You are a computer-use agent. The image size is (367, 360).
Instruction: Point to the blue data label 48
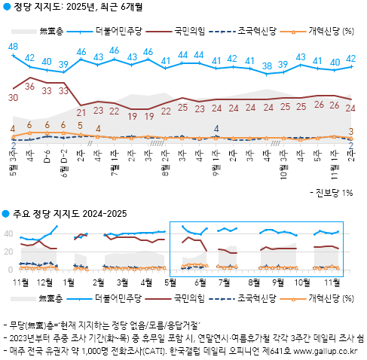point(13,47)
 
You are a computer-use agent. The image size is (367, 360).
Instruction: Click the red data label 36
point(29,87)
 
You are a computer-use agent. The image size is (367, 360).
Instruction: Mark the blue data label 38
point(266,66)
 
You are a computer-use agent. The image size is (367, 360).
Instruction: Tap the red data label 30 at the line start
point(14,98)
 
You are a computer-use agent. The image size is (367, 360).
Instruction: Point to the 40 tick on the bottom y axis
point(10,233)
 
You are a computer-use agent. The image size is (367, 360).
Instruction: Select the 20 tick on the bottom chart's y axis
point(10,252)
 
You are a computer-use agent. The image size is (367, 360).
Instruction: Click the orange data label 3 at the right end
point(352,133)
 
